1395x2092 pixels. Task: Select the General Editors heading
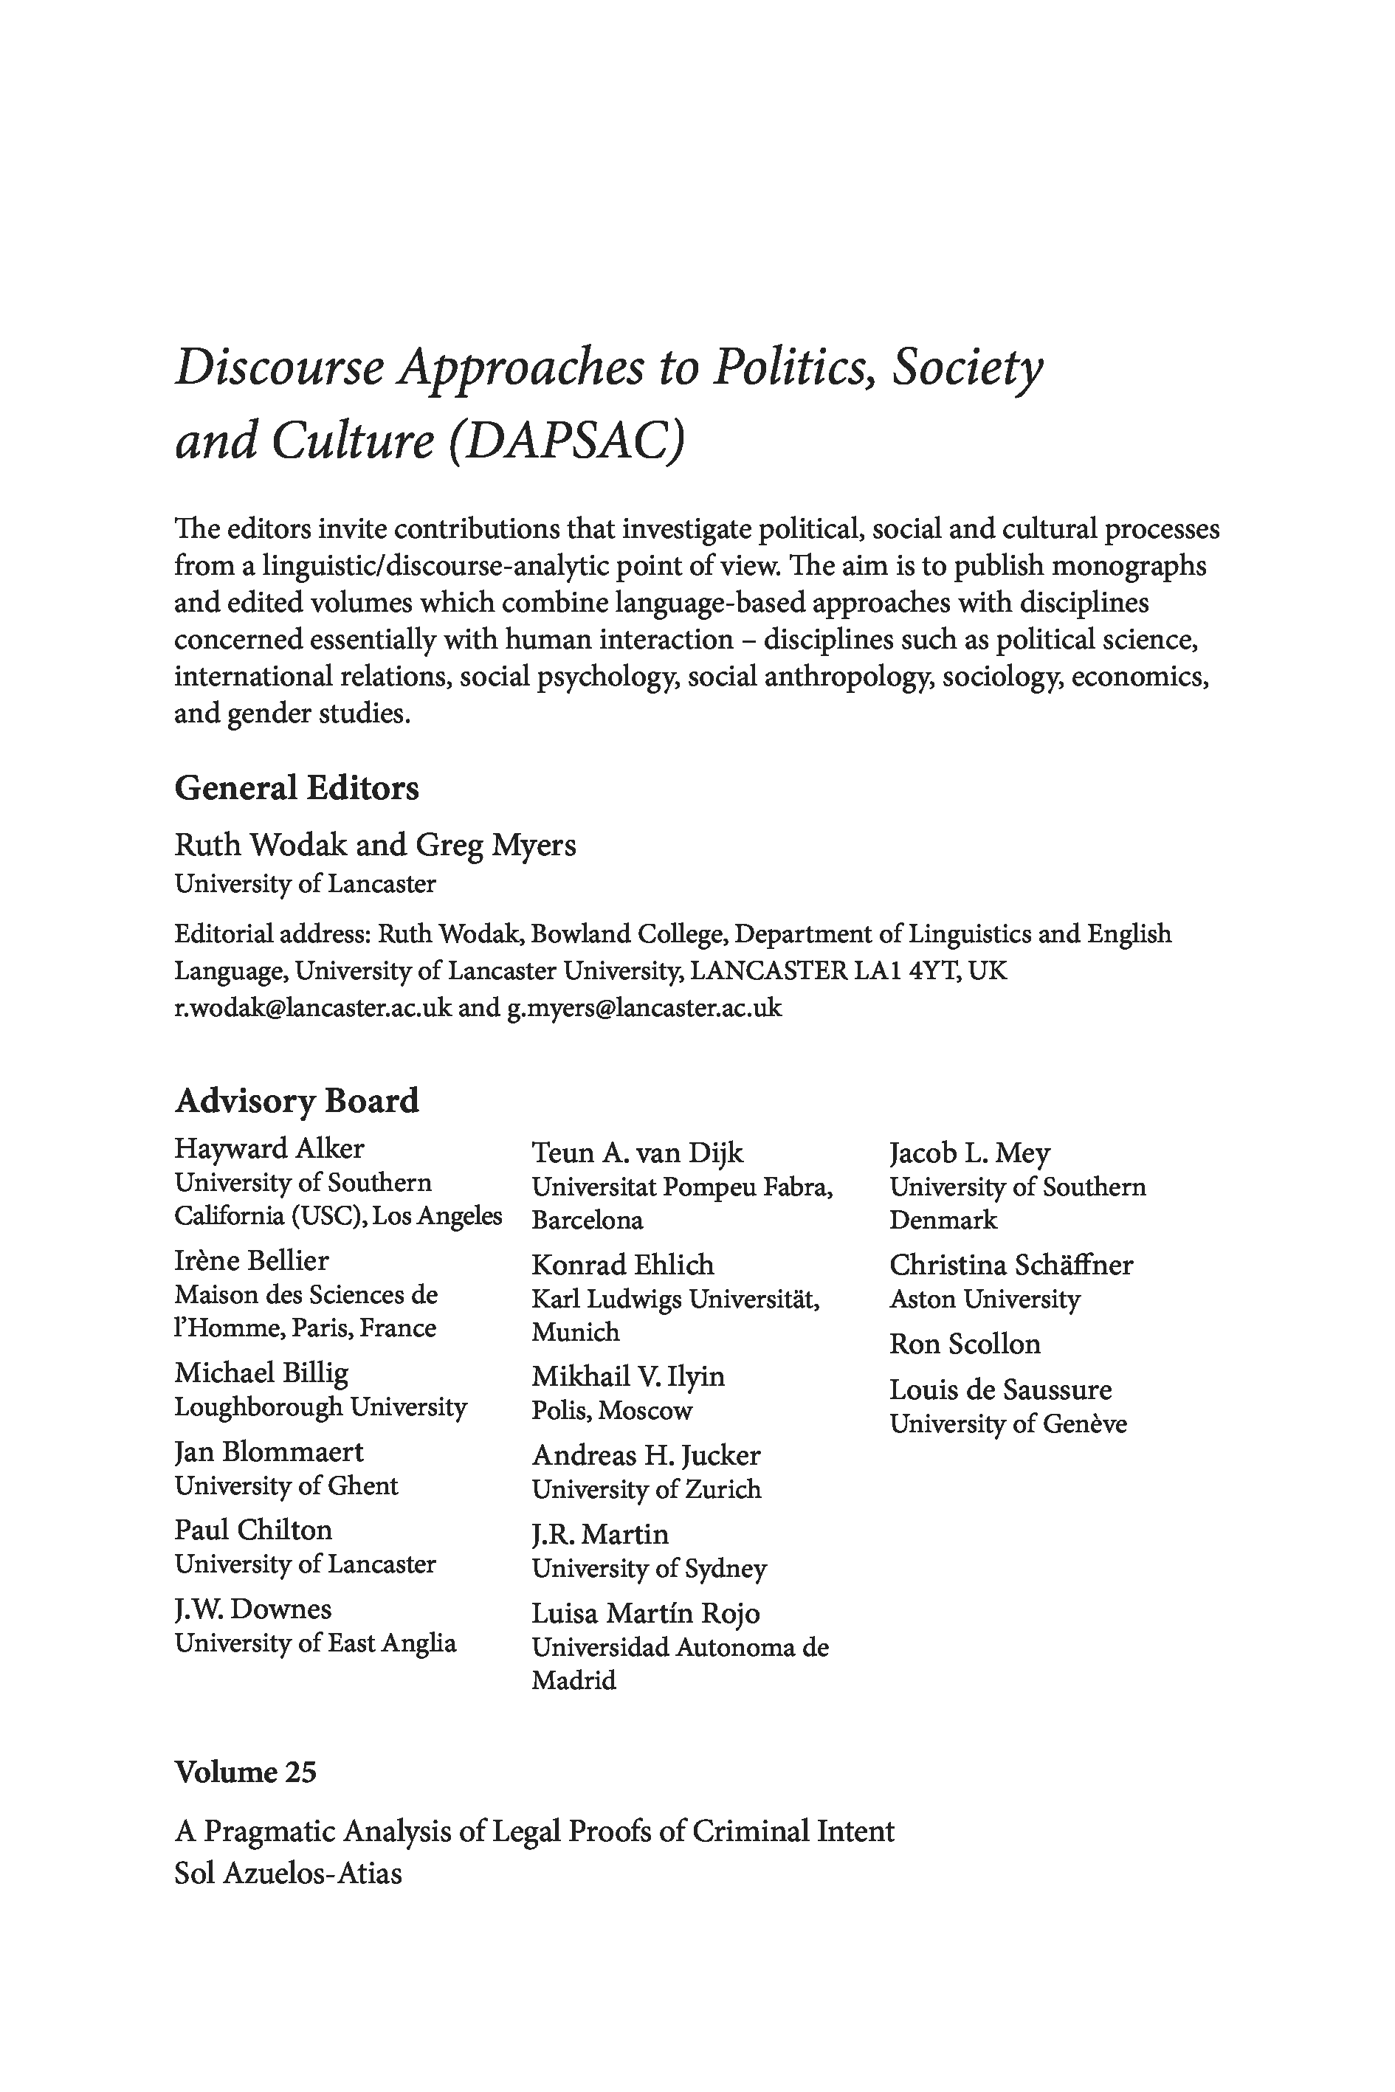(296, 788)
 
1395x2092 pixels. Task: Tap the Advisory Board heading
(296, 1100)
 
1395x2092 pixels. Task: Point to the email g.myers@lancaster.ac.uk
(644, 1008)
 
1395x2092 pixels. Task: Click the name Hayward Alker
(269, 1148)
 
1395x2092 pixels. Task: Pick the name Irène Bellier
(251, 1260)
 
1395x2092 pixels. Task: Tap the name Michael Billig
(261, 1373)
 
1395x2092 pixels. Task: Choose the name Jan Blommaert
(269, 1451)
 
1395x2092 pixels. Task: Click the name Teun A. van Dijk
(637, 1153)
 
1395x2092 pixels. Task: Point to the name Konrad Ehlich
(623, 1265)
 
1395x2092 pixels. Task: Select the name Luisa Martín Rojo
(646, 1614)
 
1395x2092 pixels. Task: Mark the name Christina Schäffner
(1010, 1265)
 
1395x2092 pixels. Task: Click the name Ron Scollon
(965, 1344)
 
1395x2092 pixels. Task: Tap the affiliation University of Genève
(1008, 1424)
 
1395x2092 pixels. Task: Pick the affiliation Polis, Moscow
(612, 1411)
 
